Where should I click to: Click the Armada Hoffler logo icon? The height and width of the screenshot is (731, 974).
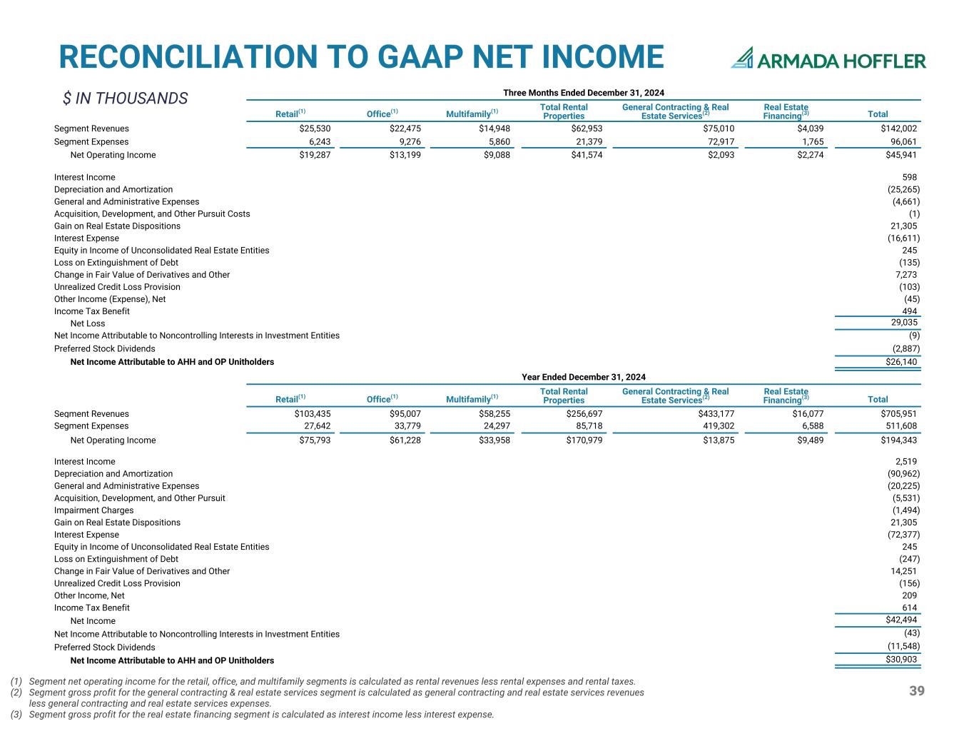(742, 58)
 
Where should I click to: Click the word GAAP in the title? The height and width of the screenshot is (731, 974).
(420, 57)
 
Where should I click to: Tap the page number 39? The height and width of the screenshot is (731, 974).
(917, 691)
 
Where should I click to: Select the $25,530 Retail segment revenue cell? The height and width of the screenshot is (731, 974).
(315, 128)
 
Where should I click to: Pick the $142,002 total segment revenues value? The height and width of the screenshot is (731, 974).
(898, 128)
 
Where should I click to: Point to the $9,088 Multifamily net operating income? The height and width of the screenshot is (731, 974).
(497, 155)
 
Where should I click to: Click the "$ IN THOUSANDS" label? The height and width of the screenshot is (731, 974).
(125, 98)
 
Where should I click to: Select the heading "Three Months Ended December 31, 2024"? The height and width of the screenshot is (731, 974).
(584, 93)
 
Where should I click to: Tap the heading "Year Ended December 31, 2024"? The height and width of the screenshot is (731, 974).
(584, 377)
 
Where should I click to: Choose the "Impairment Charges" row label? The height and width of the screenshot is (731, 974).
(93, 510)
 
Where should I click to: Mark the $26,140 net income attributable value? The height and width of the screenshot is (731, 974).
(901, 362)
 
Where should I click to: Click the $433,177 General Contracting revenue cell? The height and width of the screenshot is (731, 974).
(716, 414)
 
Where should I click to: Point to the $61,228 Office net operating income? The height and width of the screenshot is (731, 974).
(405, 440)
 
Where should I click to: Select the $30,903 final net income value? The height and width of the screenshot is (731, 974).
(901, 660)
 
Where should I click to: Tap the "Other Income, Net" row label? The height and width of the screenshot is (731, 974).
(89, 595)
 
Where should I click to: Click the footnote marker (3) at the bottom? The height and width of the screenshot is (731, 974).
(16, 715)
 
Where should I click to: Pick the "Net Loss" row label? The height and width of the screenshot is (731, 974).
(88, 323)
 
